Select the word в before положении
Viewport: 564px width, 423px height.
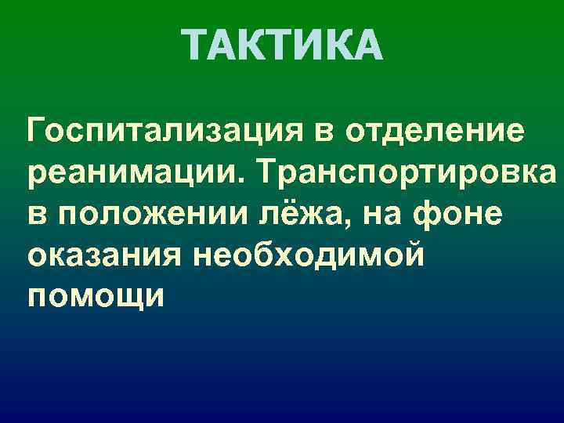(36, 213)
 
